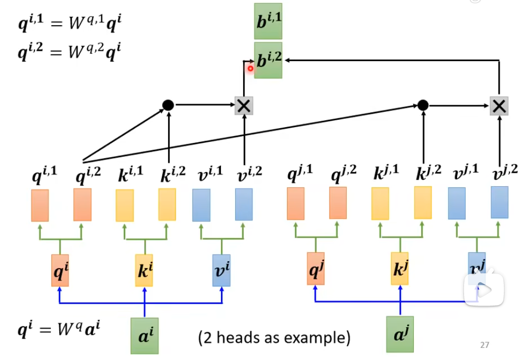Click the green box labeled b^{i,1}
pos(268,20)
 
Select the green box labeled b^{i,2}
pos(268,60)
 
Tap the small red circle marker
pos(250,68)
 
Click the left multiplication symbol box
pos(244,106)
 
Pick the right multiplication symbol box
pos(499,106)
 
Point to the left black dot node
pos(168,105)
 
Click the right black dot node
pos(423,105)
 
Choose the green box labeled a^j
pos(400,334)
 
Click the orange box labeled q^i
pos(60,271)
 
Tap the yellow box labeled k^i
pos(144,271)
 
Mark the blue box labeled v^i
pos(222,271)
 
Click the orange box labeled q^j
pos(316,270)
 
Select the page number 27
pos(484,345)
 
